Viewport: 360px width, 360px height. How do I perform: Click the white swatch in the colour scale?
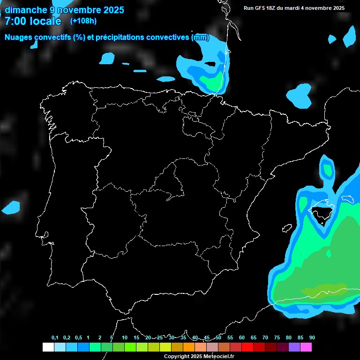coord(48,347)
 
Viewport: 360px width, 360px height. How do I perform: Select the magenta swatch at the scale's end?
coord(306,347)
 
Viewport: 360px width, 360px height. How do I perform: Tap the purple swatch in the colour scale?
coord(294,347)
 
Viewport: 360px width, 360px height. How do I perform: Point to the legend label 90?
coord(312,338)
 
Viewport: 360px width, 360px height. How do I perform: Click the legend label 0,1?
coord(55,338)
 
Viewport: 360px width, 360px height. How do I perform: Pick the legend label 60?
coord(242,338)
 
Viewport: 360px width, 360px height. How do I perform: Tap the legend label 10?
coord(125,338)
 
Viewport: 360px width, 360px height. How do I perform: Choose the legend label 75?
coord(277,338)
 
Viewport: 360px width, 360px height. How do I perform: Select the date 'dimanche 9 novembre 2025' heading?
coord(64,10)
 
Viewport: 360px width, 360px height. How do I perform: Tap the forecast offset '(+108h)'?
coord(83,21)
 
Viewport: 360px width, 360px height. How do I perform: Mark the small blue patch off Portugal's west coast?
coord(11,207)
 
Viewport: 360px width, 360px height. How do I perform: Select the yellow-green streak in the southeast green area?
coord(323,290)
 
